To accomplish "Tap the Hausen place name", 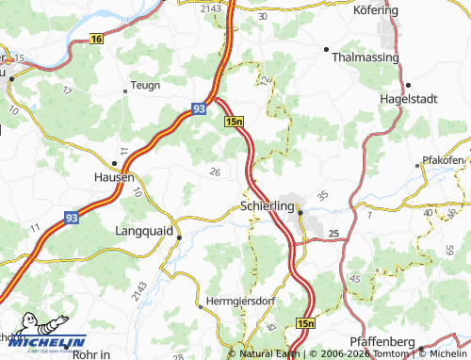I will (x=114, y=176).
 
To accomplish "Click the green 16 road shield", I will (x=98, y=39).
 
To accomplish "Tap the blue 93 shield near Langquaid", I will (x=73, y=217).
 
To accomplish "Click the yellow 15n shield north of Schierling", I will (x=235, y=122).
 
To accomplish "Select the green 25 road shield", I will (x=333, y=233).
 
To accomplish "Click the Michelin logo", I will (x=44, y=341).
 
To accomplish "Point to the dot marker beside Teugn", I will (x=125, y=91).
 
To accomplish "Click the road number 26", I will (x=216, y=172).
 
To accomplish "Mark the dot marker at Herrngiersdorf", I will (x=200, y=306).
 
